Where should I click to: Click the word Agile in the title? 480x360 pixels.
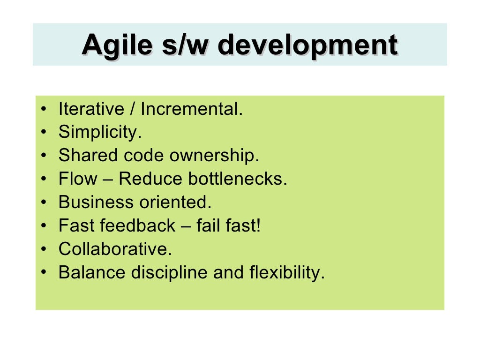coord(117,45)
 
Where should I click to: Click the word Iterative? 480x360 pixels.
coord(90,109)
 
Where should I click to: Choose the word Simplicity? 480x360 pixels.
coord(99,133)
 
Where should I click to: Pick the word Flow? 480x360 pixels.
coord(78,179)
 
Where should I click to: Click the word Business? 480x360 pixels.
coord(96,202)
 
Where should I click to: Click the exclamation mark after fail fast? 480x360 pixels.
coord(258,226)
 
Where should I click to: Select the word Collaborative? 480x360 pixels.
coord(115,249)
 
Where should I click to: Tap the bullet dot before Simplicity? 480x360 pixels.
coord(44,133)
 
